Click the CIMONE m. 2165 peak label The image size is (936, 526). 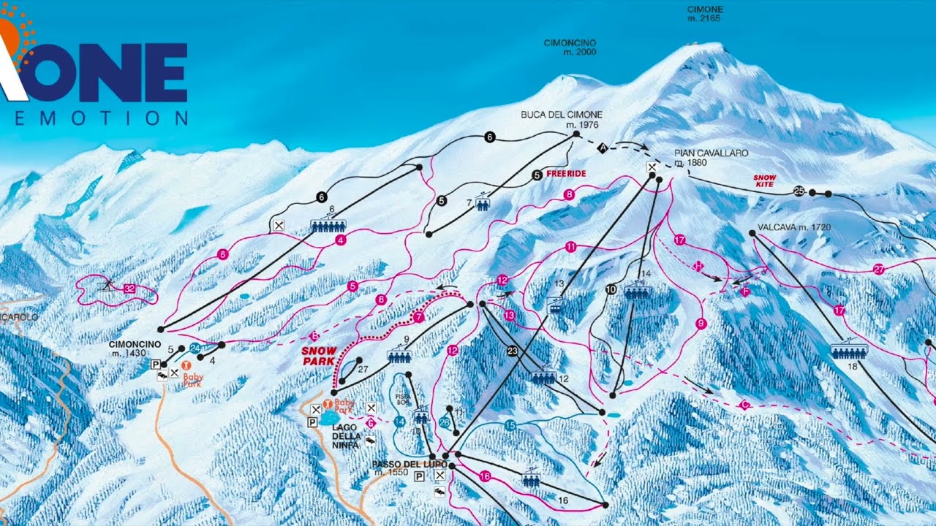pos(705,13)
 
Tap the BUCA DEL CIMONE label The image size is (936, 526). pos(551,115)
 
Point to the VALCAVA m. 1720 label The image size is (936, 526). pos(794,227)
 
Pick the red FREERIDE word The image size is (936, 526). pos(567,174)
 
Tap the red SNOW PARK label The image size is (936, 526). pos(319,356)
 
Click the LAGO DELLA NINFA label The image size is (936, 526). pos(346,436)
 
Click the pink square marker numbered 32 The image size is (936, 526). pos(129,289)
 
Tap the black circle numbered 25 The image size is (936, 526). pos(799,191)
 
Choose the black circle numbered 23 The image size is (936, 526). pos(513,351)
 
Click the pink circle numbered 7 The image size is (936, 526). pos(418,317)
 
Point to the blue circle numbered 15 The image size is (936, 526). pos(510,425)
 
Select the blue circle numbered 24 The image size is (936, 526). pos(195,348)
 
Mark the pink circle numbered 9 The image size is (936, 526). pos(701,324)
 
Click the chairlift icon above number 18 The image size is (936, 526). pos(849,351)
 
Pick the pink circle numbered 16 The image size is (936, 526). pos(485,476)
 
